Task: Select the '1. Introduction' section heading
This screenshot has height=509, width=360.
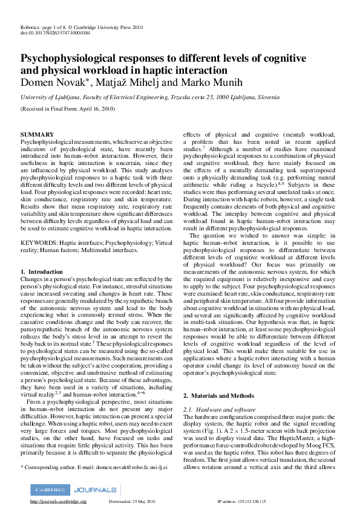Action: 42,273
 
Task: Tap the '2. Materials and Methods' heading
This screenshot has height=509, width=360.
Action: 219,395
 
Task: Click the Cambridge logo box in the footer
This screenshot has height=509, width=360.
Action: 50,490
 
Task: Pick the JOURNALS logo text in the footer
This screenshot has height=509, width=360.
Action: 94,490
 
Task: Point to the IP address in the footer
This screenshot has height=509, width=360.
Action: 242,502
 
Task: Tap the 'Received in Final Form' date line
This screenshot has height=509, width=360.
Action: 67,109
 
